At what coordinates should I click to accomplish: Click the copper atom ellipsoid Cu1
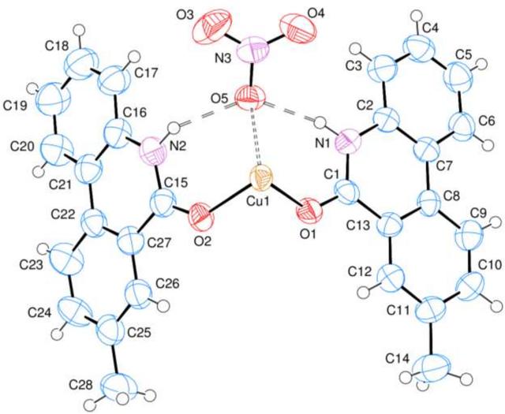[261, 177]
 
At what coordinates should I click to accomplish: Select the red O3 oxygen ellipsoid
[212, 27]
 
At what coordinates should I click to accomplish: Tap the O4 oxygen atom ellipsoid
[298, 28]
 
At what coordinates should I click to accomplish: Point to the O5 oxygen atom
[251, 98]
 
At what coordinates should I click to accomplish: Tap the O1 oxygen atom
[311, 211]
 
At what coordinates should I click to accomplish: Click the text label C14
[398, 359]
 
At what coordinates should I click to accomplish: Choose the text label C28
[80, 385]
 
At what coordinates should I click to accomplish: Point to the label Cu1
[257, 202]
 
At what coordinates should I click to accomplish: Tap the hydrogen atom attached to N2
[174, 128]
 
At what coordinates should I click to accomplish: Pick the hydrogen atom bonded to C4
[417, 15]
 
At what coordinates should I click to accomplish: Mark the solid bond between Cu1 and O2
[230, 200]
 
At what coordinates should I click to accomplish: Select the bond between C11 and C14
[432, 338]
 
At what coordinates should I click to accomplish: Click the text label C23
[32, 265]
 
